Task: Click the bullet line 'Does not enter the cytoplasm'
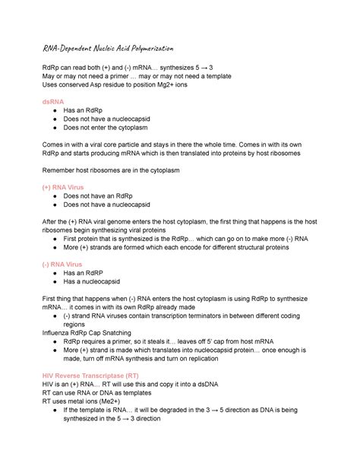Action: (113, 128)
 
